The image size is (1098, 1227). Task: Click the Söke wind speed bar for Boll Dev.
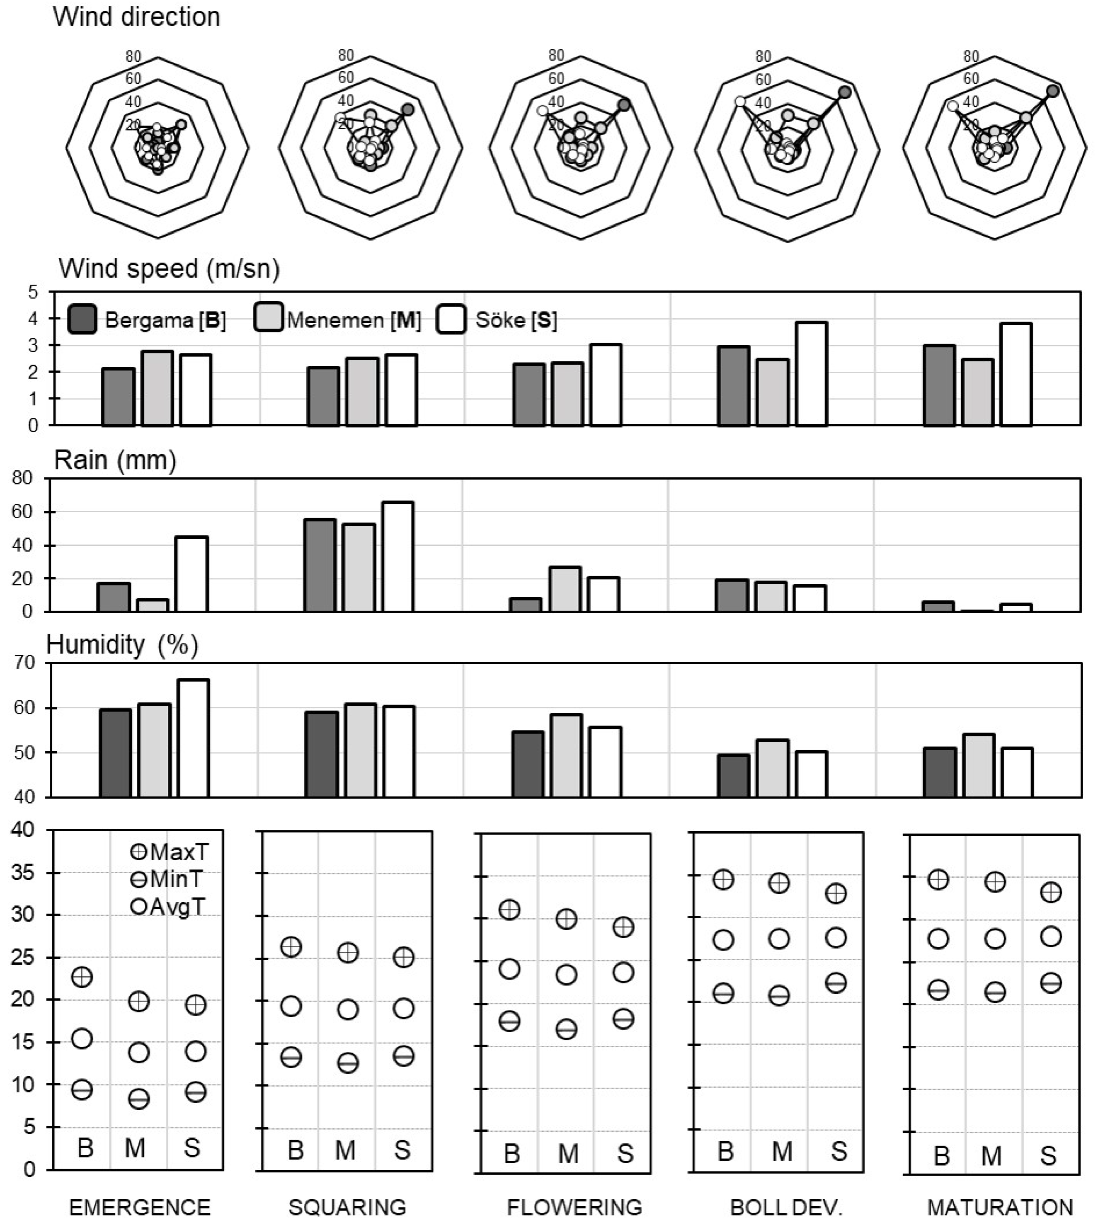click(811, 374)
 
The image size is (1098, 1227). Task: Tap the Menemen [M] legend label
click(354, 320)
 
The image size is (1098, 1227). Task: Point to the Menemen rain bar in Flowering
click(565, 589)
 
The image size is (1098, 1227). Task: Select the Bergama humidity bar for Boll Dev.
click(734, 775)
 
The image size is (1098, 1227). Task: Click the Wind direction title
click(136, 17)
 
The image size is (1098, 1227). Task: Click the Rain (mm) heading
click(115, 460)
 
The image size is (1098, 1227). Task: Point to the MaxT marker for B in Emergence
click(82, 977)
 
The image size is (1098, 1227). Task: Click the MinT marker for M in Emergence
click(139, 1099)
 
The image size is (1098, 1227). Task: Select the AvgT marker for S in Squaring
click(403, 1009)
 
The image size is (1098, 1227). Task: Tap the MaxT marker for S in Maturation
click(1051, 892)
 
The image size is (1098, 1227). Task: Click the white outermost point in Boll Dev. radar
click(740, 102)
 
